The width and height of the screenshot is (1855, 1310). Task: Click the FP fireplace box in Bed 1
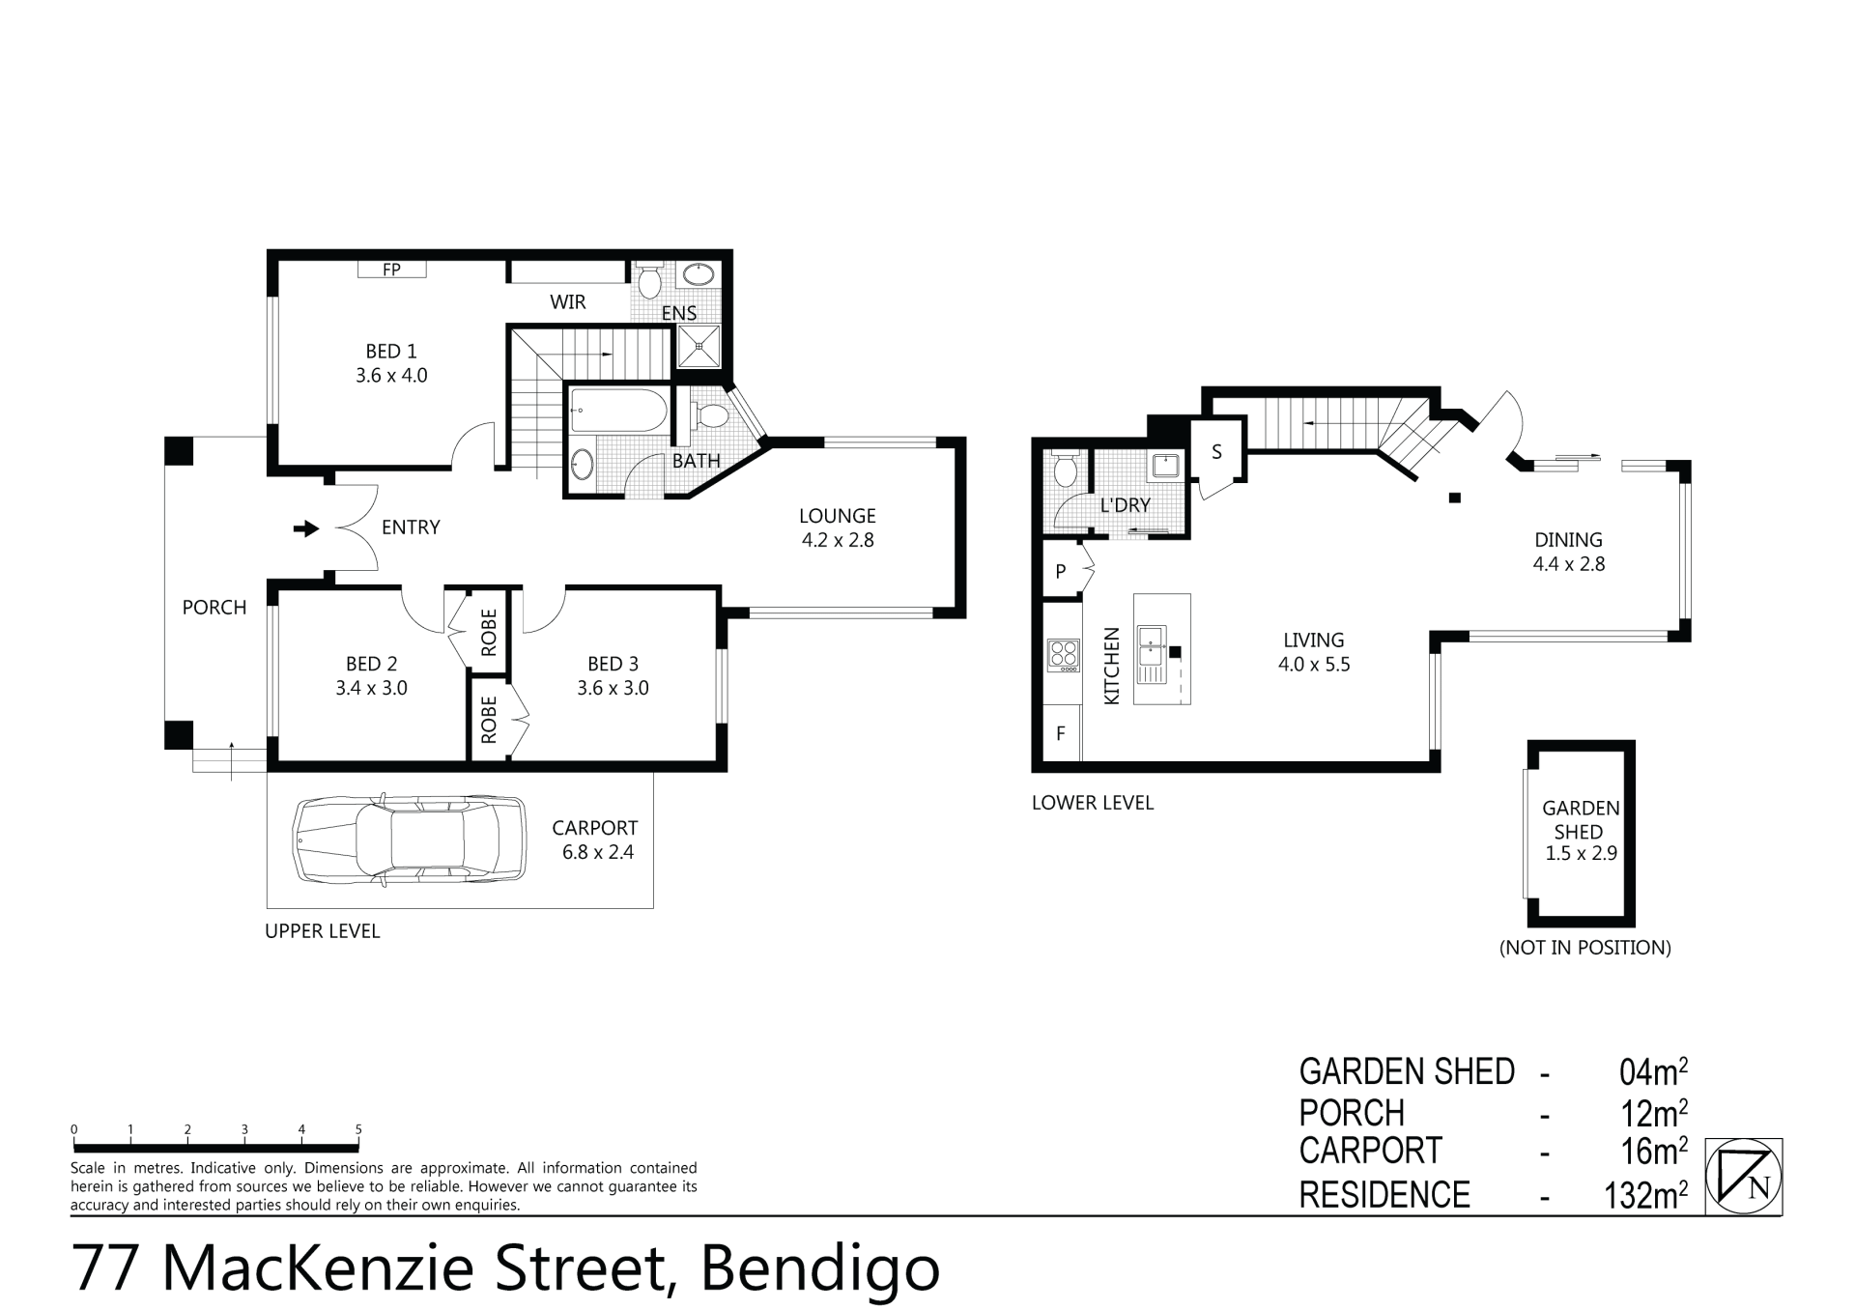[x=391, y=270]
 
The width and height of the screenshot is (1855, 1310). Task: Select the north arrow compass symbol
[x=1744, y=1176]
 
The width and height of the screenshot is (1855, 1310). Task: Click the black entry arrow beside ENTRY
[x=306, y=528]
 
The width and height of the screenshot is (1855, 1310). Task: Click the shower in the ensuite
[x=699, y=346]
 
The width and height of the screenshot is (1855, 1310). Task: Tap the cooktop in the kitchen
[x=1064, y=655]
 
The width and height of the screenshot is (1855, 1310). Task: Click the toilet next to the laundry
[x=1066, y=469]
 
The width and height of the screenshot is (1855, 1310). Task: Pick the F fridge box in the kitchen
[x=1061, y=733]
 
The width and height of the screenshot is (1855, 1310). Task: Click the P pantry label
[x=1061, y=571]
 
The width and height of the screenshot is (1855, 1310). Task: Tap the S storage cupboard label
[x=1216, y=451]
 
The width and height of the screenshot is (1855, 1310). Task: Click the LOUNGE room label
[x=838, y=516]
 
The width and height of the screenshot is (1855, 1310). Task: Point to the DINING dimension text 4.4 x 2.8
[x=1569, y=564]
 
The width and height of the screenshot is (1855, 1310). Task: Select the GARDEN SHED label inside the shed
[x=1581, y=819]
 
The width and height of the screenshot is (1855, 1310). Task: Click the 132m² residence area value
[x=1646, y=1196]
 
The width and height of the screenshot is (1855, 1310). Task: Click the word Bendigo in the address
[x=820, y=1267]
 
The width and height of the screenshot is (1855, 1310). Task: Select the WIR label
[x=568, y=302]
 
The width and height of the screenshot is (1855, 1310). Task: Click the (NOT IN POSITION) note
[x=1585, y=948]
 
